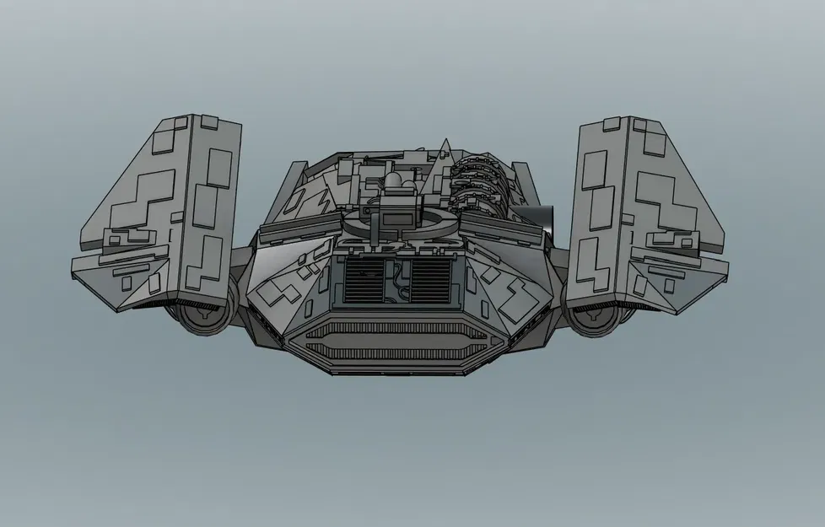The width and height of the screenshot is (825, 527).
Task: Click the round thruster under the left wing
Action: pos(202,317)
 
